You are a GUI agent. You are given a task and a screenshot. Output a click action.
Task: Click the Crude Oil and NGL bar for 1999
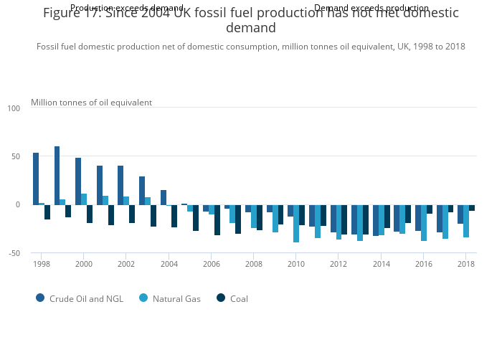(x=57, y=176)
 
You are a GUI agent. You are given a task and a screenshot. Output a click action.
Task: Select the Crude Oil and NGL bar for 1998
(x=36, y=179)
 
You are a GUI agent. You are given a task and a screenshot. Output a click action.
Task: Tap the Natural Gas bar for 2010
(x=296, y=223)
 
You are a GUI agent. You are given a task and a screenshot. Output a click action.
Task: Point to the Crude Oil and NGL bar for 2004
(x=164, y=197)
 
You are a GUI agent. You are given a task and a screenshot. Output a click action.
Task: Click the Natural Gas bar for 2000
(x=84, y=199)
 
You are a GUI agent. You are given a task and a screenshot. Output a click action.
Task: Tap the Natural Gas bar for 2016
(x=424, y=222)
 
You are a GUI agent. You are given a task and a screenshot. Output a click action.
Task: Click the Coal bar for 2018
(x=472, y=207)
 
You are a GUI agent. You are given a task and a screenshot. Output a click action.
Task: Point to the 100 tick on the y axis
(x=14, y=108)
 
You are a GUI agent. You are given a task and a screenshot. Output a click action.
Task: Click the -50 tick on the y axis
(x=14, y=253)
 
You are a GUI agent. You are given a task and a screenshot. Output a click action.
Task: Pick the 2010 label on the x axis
(x=296, y=263)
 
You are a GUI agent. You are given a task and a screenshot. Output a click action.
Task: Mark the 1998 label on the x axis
(x=41, y=263)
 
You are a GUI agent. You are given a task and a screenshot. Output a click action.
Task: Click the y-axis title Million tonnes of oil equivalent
(x=91, y=103)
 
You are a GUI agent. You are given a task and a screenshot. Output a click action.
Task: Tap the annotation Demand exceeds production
(x=371, y=8)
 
